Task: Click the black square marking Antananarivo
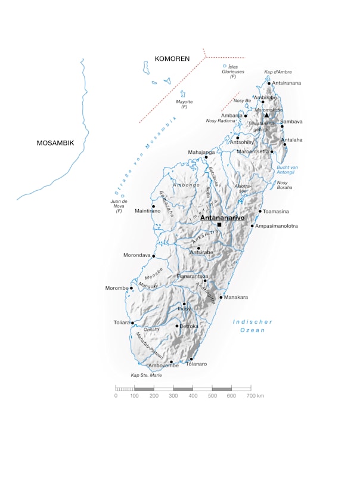click(219, 225)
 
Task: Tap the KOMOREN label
click(172, 59)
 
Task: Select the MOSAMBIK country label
click(55, 143)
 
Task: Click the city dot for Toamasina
click(260, 211)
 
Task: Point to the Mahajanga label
click(201, 152)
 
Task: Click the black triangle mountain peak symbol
click(266, 116)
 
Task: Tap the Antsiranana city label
click(287, 83)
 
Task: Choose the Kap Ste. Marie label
click(147, 375)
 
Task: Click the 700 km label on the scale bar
click(255, 396)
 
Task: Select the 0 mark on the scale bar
click(116, 396)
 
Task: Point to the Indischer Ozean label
click(252, 326)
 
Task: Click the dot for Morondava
click(154, 256)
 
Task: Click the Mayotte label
click(184, 104)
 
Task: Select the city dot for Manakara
click(221, 297)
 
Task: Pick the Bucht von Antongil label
click(287, 170)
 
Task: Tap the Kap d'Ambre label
click(278, 72)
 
